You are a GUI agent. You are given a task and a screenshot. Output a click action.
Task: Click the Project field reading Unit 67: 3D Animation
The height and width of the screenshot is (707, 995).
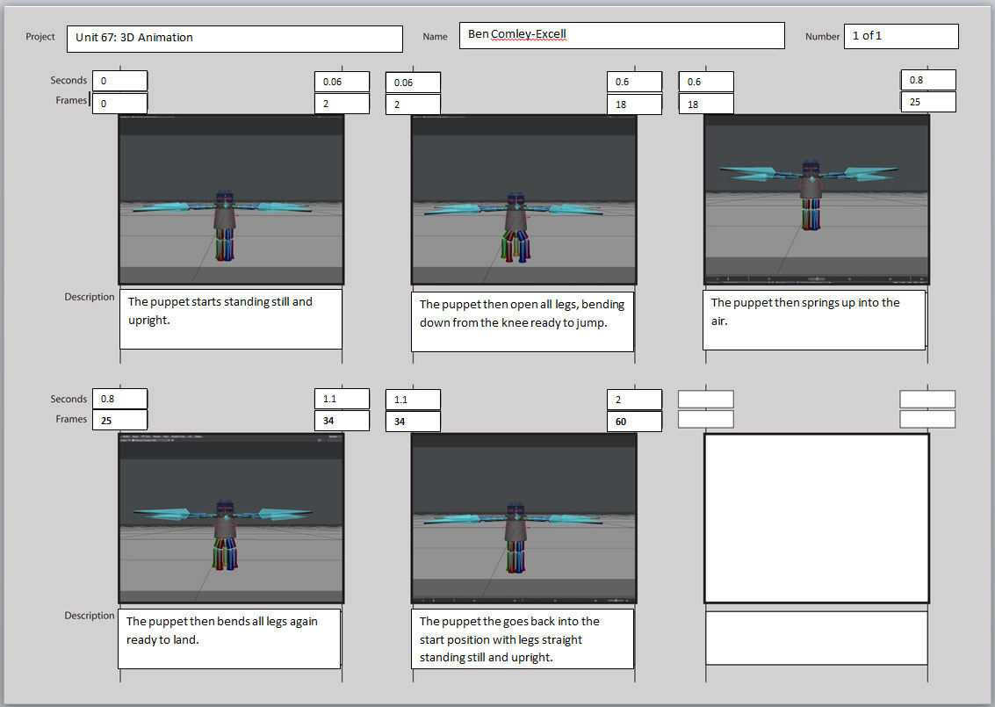tap(234, 39)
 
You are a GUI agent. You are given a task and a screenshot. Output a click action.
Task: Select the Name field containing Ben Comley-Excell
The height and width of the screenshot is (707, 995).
tap(621, 36)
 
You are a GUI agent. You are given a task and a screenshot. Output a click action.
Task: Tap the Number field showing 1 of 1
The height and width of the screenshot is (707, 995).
tap(900, 36)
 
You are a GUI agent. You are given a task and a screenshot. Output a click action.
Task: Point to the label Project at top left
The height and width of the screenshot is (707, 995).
tap(40, 37)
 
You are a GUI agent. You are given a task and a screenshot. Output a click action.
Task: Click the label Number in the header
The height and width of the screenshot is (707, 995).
tap(822, 37)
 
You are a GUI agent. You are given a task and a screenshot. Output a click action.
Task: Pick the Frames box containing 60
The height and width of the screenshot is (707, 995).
tap(634, 422)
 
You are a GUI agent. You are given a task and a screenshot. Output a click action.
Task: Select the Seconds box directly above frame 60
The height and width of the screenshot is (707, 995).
tap(634, 400)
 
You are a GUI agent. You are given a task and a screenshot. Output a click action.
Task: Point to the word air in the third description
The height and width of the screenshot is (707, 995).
tap(719, 321)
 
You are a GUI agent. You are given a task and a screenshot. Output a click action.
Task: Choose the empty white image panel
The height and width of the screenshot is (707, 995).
tap(816, 518)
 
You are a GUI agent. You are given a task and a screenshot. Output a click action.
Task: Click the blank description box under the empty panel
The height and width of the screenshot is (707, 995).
tap(816, 638)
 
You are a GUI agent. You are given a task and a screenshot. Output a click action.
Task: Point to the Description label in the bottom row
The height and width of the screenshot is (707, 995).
tap(90, 616)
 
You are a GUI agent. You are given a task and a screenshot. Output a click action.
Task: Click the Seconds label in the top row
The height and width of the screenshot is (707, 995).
tap(68, 81)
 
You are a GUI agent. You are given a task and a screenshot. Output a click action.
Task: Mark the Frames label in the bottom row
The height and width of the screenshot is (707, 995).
tap(71, 420)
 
